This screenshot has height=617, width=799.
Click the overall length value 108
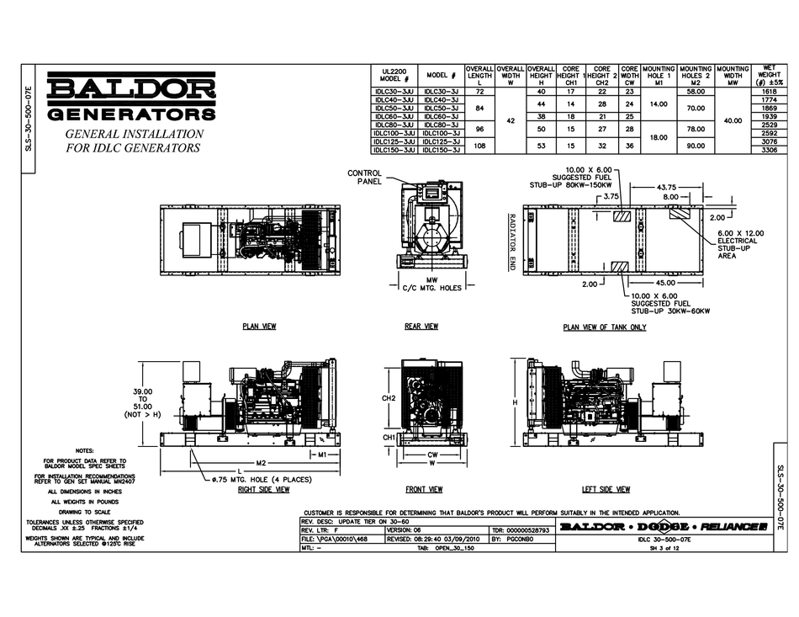[x=479, y=145]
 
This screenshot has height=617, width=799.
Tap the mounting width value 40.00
[x=733, y=120]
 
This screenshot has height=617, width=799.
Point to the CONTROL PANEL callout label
[x=365, y=177]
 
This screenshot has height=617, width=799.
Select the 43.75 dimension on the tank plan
[x=666, y=187]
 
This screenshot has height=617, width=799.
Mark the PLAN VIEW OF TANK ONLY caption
[x=604, y=327]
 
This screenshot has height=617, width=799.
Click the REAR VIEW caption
[x=421, y=326]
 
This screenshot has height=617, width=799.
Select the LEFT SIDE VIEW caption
[x=606, y=488]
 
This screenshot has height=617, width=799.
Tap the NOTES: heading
[x=85, y=450]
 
